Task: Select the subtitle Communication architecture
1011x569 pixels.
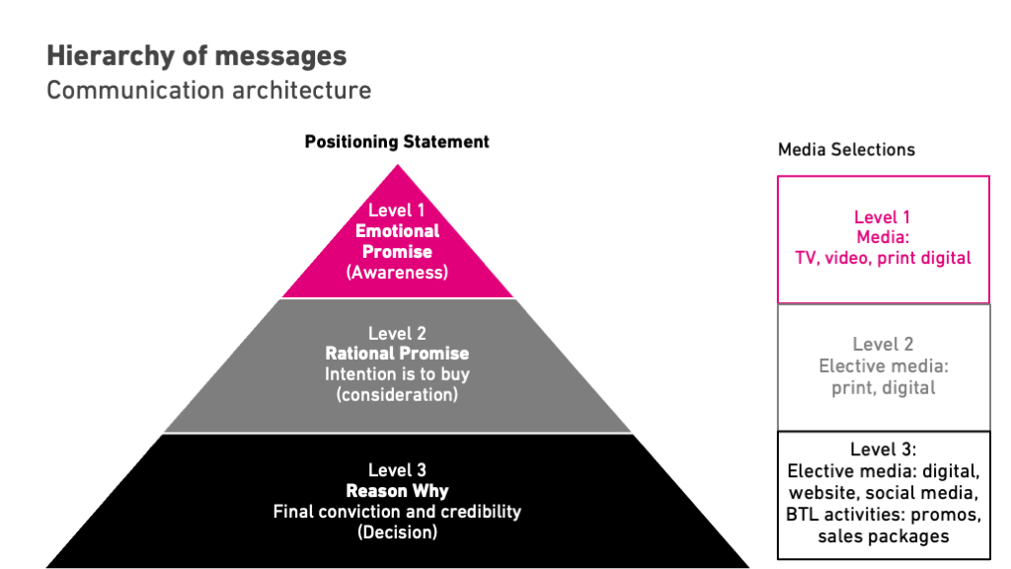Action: point(208,90)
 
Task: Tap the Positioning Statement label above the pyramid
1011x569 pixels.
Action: point(397,141)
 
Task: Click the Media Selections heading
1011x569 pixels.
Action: point(846,150)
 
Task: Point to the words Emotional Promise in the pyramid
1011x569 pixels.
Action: point(398,241)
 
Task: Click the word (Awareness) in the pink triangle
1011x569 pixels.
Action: point(398,273)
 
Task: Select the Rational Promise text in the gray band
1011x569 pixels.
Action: point(398,354)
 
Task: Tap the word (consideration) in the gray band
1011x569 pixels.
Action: point(398,395)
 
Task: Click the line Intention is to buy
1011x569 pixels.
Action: point(398,374)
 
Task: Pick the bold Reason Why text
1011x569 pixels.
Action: point(398,491)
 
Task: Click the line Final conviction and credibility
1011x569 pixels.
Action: point(398,512)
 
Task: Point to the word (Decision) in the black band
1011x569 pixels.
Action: point(398,532)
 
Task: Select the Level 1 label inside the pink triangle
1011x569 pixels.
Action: point(398,210)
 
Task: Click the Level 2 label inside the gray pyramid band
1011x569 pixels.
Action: point(398,333)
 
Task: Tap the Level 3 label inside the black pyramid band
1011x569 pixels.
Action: point(398,470)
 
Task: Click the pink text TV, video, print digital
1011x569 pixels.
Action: point(883,258)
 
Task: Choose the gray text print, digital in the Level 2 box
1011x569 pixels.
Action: point(883,388)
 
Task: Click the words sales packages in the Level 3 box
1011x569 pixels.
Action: point(883,536)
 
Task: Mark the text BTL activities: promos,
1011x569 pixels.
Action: point(883,515)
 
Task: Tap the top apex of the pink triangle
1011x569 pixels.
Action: point(398,167)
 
